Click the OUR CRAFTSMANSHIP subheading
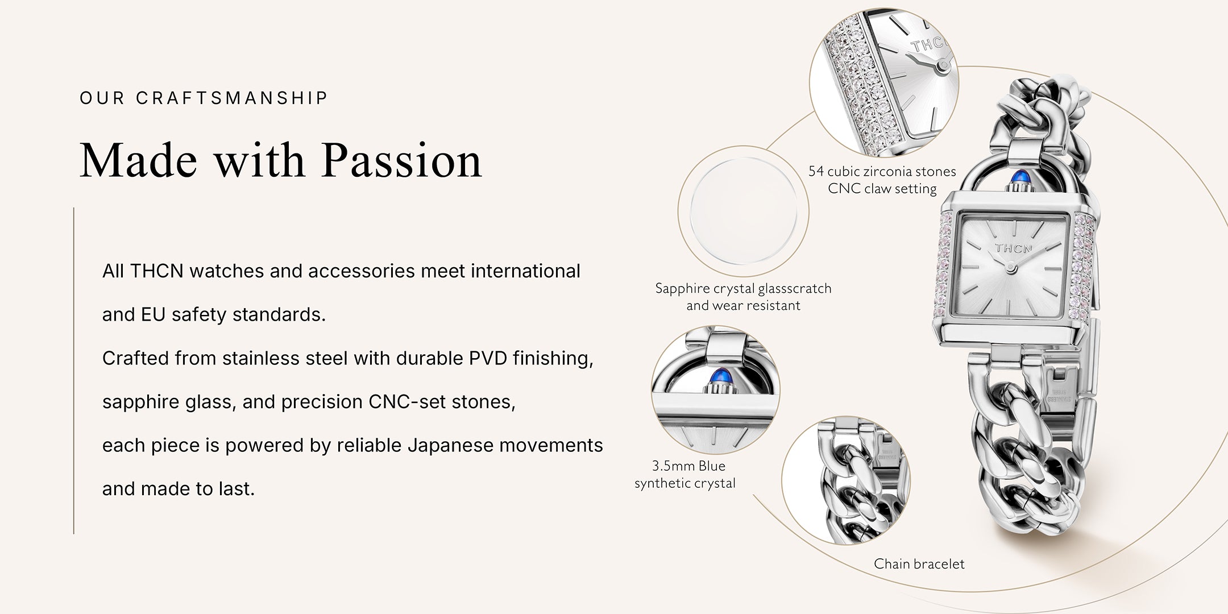pos(204,98)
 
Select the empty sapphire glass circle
pos(743,211)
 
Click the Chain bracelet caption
pos(919,564)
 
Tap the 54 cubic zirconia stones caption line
pos(882,171)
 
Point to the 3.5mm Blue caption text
pos(688,466)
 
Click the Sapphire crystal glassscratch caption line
pos(743,288)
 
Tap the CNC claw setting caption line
pos(882,189)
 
